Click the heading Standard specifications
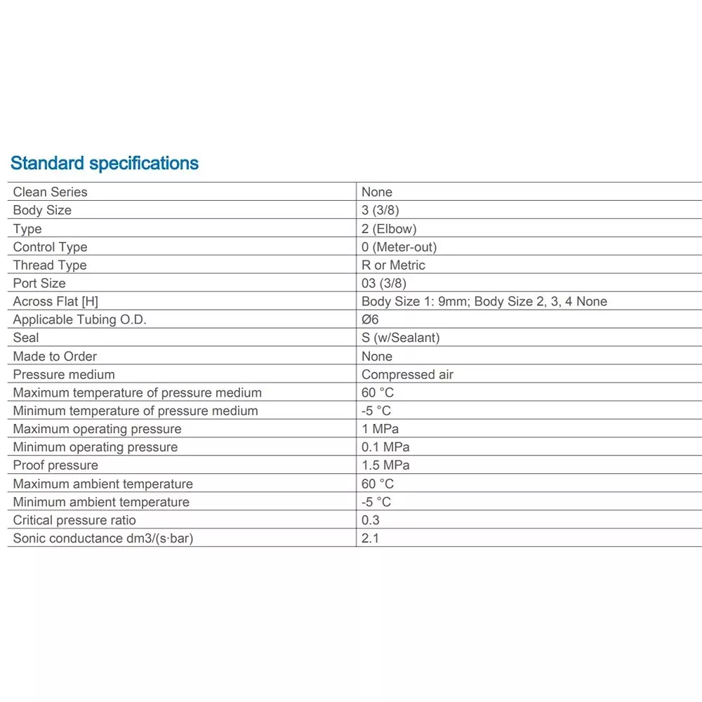[105, 164]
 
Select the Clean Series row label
[51, 192]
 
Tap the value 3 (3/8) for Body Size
[380, 210]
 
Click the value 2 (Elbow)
[389, 229]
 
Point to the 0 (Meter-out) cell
[399, 247]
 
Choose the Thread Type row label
[50, 265]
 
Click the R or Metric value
[393, 265]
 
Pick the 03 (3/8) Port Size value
[384, 284]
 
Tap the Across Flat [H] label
[55, 302]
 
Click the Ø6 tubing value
[370, 320]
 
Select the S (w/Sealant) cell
[400, 338]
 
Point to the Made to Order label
[55, 356]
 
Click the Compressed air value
[407, 375]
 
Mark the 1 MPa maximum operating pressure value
[380, 429]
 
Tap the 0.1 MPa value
[385, 447]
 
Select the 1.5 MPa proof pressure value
[385, 465]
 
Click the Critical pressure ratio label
[74, 520]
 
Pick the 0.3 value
[370, 520]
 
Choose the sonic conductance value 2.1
[370, 539]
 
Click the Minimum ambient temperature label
[101, 502]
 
